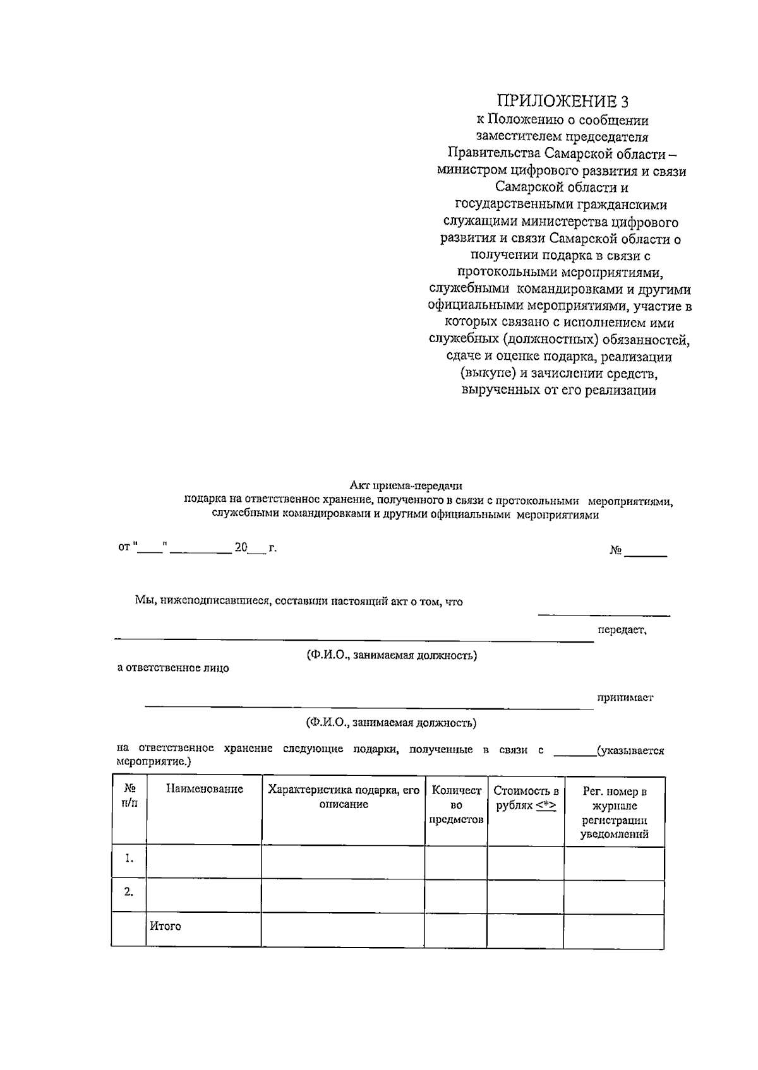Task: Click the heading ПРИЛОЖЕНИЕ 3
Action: [x=562, y=102]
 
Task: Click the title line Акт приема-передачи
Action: [x=406, y=486]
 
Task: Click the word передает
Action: [x=622, y=630]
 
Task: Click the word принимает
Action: [x=625, y=698]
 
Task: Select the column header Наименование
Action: [x=204, y=789]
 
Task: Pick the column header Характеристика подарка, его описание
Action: [x=343, y=797]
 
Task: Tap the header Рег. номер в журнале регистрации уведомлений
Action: [x=614, y=812]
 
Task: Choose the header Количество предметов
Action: [x=456, y=805]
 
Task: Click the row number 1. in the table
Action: [x=129, y=859]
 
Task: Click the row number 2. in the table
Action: [x=129, y=892]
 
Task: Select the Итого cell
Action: [x=165, y=926]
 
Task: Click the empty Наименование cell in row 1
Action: [x=204, y=862]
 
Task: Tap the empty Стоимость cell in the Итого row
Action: [x=526, y=929]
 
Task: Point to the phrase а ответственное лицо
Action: [x=174, y=668]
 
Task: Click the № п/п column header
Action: [x=129, y=797]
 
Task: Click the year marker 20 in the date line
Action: [x=241, y=547]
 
